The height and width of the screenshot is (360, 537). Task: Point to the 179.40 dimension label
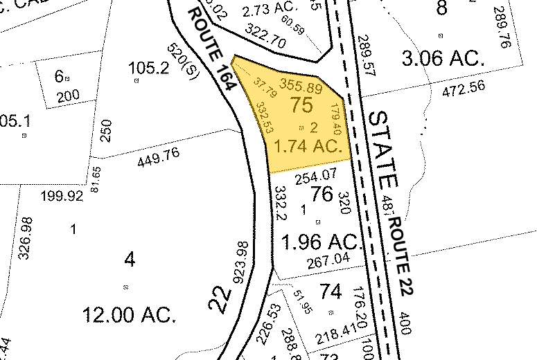(x=336, y=119)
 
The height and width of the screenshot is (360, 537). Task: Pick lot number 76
(x=323, y=195)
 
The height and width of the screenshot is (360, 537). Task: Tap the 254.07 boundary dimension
(x=315, y=178)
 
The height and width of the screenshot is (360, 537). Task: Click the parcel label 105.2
(x=149, y=68)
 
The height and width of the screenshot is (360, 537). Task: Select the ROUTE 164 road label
(x=213, y=48)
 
